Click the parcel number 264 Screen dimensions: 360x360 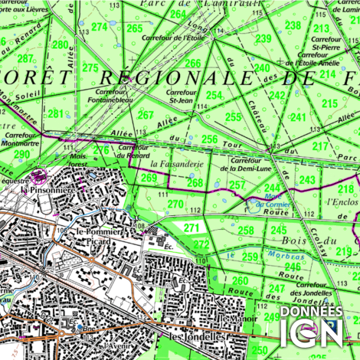178,15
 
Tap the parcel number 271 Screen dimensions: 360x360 191,227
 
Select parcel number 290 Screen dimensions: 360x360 21,154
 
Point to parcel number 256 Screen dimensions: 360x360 209,139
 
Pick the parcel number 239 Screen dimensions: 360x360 263,38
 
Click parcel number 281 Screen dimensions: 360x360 56,114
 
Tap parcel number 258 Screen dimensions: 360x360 245,231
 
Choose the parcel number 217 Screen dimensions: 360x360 320,146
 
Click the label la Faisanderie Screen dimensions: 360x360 176,164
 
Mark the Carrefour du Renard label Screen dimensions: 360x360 134,151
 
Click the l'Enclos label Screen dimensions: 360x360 342,202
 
